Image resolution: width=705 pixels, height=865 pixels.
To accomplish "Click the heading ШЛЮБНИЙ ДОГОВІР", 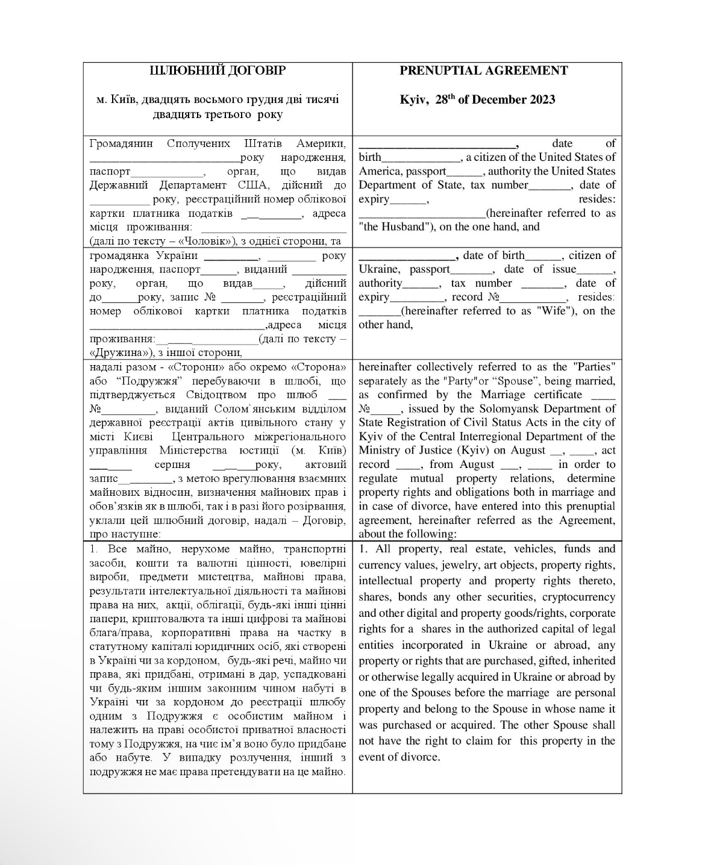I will [x=217, y=70].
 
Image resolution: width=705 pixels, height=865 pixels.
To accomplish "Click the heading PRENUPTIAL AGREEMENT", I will [x=483, y=70].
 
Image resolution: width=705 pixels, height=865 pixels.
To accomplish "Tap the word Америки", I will [x=321, y=143].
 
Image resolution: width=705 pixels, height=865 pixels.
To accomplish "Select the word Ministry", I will [x=381, y=450].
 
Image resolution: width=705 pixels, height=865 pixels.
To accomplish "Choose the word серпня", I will [x=172, y=464].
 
